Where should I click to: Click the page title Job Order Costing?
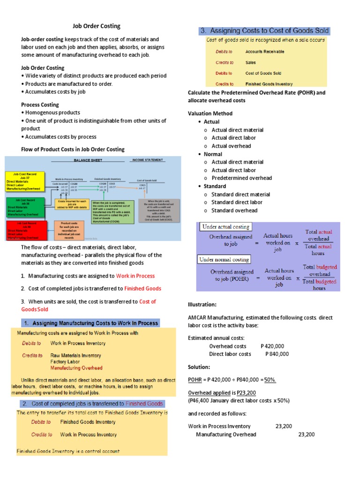point(96,26)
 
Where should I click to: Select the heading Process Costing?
point(40,105)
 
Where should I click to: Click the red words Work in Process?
point(135,276)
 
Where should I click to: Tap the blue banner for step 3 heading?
point(265,31)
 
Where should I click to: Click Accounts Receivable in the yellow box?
point(265,52)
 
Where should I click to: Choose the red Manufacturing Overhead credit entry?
point(76,368)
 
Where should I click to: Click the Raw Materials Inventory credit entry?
point(75,355)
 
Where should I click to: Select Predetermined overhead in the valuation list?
point(241,178)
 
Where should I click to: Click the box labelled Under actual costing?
point(225,227)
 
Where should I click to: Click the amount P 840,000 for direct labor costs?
point(277,354)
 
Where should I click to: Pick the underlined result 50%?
point(270,380)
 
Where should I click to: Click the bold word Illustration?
point(202,304)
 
